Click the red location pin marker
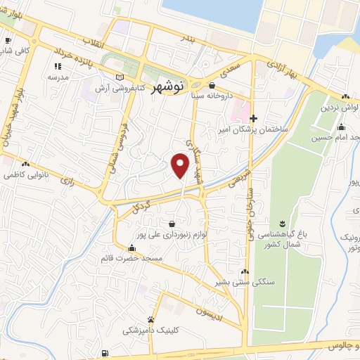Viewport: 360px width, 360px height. click(x=180, y=165)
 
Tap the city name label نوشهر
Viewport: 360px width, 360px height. click(x=169, y=86)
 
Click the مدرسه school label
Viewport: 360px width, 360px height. click(x=57, y=77)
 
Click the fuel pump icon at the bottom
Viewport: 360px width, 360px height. click(x=105, y=353)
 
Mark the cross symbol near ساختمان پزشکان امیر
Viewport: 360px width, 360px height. click(x=254, y=117)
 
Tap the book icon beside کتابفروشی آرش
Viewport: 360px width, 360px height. click(x=118, y=75)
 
